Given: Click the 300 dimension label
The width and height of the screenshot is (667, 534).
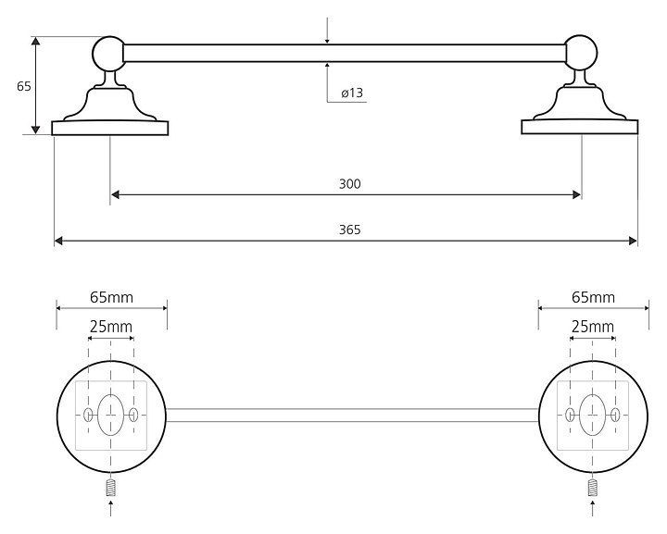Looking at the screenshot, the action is tap(349, 184).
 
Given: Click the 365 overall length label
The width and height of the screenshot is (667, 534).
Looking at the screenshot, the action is tap(349, 230).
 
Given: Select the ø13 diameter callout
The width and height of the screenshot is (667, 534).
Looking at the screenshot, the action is tap(352, 93).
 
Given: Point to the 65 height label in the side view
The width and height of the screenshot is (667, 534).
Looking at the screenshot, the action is tap(24, 86).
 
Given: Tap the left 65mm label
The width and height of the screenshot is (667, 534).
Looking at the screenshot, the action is tap(111, 297).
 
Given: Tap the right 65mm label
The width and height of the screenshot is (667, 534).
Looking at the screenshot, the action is tap(594, 297).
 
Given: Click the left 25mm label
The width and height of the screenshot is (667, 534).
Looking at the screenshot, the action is tap(111, 327).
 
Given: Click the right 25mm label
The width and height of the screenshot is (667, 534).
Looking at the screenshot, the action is tap(593, 327).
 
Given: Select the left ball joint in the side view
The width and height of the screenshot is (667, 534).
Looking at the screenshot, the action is tap(108, 54).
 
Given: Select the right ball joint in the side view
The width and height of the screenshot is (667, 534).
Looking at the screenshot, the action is tap(582, 53).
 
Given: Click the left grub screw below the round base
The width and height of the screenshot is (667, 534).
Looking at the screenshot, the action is tap(111, 488).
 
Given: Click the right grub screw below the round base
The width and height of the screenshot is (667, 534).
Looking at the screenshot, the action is tap(593, 488).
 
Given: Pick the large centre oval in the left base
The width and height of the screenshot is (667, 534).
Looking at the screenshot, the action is tap(110, 415).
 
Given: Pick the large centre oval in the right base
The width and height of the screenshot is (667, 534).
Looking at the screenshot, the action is tap(593, 415).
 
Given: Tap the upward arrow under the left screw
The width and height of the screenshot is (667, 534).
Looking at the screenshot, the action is tap(111, 508).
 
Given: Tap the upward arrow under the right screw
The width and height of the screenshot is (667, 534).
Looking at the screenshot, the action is tap(593, 508).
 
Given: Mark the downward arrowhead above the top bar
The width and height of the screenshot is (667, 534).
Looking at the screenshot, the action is tap(327, 41).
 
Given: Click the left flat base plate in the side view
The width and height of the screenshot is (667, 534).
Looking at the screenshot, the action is tap(110, 129).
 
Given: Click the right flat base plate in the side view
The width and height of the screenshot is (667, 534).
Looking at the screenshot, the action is tap(580, 127).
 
